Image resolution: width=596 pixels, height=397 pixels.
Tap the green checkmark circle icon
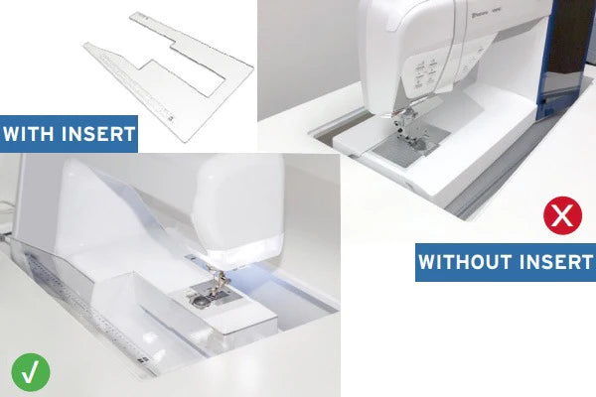coord(31,373)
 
